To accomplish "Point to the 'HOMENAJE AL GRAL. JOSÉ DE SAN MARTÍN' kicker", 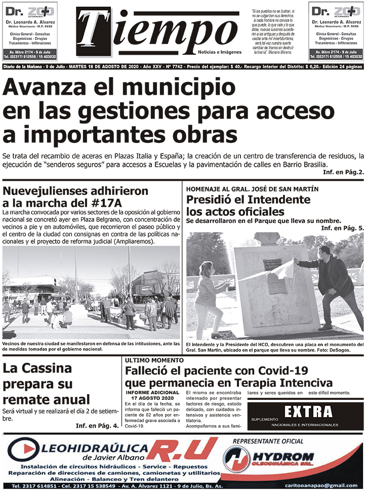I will tap(252, 189).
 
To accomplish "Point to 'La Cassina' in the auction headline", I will tap(37, 368).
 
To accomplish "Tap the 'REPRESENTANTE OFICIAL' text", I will tap(274, 440).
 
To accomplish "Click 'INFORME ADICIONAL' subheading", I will tap(152, 392).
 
